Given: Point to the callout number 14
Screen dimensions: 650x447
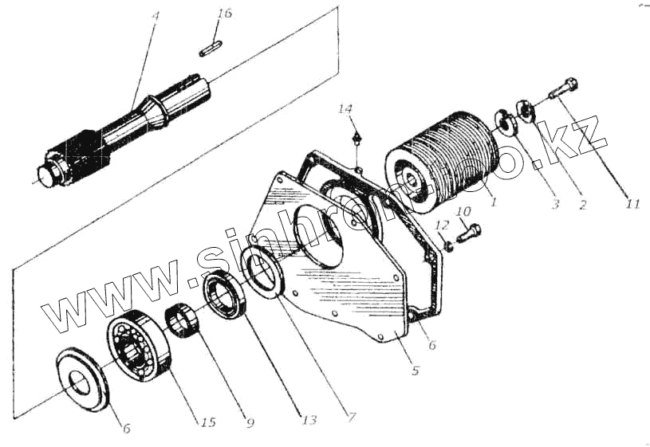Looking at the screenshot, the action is [345, 108].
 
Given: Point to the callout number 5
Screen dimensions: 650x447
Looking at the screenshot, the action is [416, 370].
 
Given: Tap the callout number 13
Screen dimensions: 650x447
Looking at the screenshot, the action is [300, 417].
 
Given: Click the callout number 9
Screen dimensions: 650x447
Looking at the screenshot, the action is [250, 423].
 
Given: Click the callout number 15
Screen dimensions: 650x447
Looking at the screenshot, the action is [207, 422].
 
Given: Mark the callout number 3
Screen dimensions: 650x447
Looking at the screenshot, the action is [556, 205].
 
